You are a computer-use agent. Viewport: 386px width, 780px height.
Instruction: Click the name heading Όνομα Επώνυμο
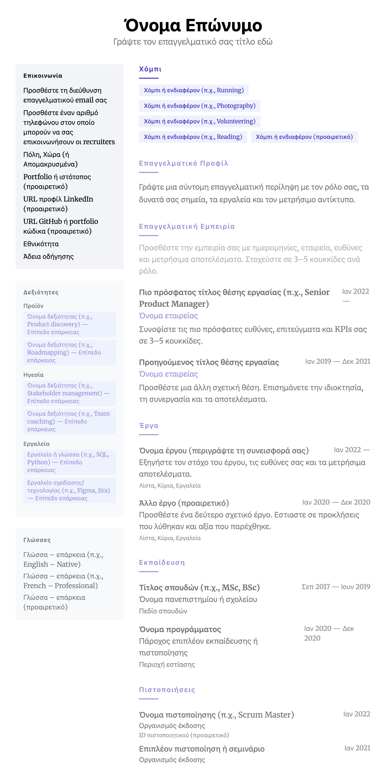pyautogui.click(x=193, y=25)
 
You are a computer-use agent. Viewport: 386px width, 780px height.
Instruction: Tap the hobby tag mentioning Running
pyautogui.click(x=193, y=90)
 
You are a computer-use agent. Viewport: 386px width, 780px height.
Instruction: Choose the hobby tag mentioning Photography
pyautogui.click(x=199, y=106)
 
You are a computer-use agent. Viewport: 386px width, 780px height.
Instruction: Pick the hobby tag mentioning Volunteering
pyautogui.click(x=199, y=121)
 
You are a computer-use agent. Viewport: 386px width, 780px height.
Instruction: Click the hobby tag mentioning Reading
pyautogui.click(x=193, y=137)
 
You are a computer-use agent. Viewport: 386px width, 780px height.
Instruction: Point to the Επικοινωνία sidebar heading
pyautogui.click(x=43, y=76)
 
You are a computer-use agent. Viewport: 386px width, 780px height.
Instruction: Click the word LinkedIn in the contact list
pyautogui.click(x=78, y=199)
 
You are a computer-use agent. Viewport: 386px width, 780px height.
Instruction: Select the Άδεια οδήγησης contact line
pyautogui.click(x=48, y=257)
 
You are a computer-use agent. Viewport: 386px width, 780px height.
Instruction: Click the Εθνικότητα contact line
pyautogui.click(x=41, y=244)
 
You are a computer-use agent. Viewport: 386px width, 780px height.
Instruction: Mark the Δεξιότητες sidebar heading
pyautogui.click(x=41, y=292)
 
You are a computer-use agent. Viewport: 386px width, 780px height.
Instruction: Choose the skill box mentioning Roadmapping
pyautogui.click(x=69, y=352)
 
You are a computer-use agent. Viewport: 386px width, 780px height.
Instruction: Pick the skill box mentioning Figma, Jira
pyautogui.click(x=69, y=490)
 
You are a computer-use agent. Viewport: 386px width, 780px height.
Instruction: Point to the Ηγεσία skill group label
pyautogui.click(x=33, y=375)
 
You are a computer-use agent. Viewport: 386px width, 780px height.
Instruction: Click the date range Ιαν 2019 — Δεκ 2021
pyautogui.click(x=338, y=362)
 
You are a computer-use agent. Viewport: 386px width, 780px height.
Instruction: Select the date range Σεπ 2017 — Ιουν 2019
pyautogui.click(x=336, y=587)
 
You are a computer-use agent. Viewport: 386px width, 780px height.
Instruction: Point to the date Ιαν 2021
pyautogui.click(x=357, y=748)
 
